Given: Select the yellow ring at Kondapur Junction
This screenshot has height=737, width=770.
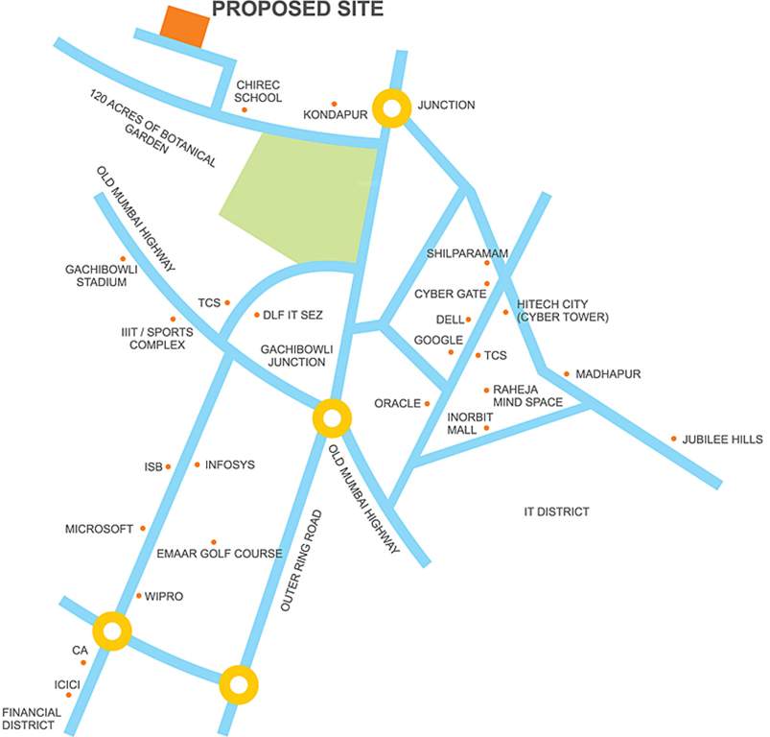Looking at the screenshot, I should tap(391, 107).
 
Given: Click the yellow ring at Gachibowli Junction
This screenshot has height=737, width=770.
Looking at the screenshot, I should tap(332, 419).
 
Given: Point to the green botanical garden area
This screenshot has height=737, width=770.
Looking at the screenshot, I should tap(297, 197).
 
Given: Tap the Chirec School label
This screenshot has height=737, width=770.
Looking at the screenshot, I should tap(259, 91).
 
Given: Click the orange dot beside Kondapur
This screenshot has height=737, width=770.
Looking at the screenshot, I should tap(334, 104).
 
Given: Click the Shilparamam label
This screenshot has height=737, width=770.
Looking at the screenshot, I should tap(467, 253).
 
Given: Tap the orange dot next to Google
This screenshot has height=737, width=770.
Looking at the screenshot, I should tap(451, 352).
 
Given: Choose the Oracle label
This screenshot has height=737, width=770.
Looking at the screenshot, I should tap(398, 403).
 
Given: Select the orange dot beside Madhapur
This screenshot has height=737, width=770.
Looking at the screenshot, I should tap(567, 374).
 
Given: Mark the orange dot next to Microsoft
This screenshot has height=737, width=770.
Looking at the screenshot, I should tap(143, 528).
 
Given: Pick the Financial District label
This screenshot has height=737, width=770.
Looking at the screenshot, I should tap(32, 719).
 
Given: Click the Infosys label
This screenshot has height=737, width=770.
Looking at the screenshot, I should tap(231, 464).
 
